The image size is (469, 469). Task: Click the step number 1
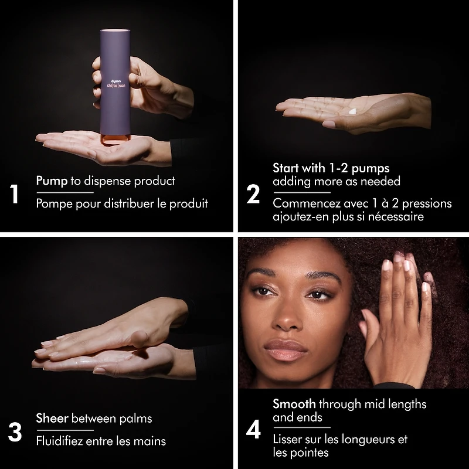pyautogui.click(x=14, y=194)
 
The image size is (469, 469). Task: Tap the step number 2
pyautogui.click(x=253, y=194)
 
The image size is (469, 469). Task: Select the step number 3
pyautogui.click(x=15, y=432)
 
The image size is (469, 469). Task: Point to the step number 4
pyautogui.click(x=253, y=430)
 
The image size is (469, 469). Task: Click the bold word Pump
pyautogui.click(x=52, y=181)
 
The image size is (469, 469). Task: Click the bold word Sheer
pyautogui.click(x=52, y=418)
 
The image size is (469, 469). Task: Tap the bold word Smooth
pyautogui.click(x=294, y=404)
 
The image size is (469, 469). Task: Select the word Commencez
pyautogui.click(x=307, y=203)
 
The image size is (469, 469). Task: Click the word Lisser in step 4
pyautogui.click(x=286, y=439)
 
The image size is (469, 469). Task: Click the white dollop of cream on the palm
pyautogui.click(x=353, y=111)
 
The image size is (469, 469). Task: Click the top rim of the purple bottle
pyautogui.click(x=115, y=30)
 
